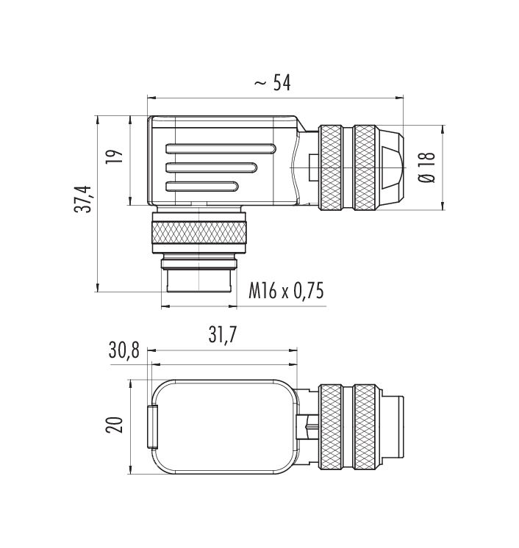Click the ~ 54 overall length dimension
coord(272,83)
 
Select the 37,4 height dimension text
coord(83,199)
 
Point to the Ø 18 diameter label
coord(427,167)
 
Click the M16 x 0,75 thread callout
coord(286,291)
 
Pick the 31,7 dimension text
coord(223,335)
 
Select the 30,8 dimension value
coord(124,350)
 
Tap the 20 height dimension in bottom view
coord(115,425)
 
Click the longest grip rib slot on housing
coord(221,148)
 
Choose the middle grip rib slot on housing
coord(211,167)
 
